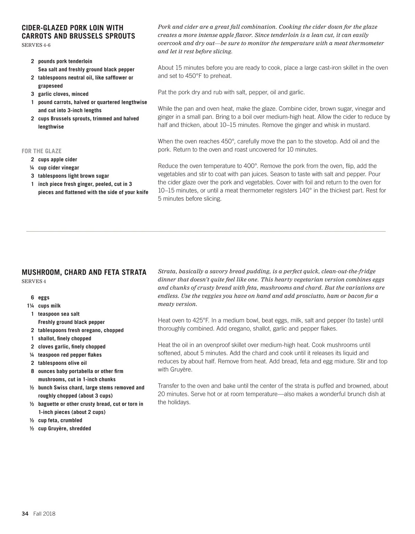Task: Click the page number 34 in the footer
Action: coord(25,514)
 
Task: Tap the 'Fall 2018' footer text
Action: coord(44,514)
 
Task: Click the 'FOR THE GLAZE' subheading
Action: coord(41,151)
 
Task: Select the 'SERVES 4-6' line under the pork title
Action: coord(36,45)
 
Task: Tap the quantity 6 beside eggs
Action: coord(32,298)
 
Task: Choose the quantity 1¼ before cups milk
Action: coord(31,306)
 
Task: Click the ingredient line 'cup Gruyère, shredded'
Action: coord(64,428)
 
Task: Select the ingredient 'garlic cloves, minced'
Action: coord(63,94)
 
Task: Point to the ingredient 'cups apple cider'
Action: coord(57,160)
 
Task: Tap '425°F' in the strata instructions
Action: coord(199,320)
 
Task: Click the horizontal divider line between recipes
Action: coord(206,231)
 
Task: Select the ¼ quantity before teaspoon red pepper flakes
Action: coord(32,355)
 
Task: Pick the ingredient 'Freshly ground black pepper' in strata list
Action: coord(71,322)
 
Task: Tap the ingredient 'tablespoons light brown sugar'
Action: coord(73,176)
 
